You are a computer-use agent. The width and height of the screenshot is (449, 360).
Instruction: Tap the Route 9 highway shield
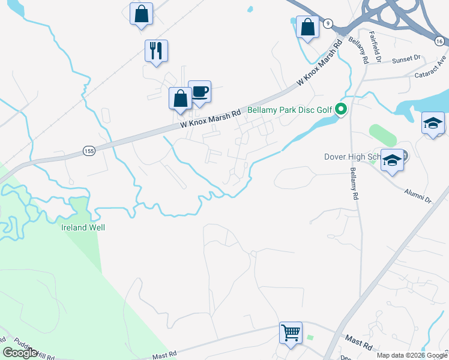[x=327, y=23]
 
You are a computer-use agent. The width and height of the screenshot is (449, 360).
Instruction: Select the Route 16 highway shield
[x=440, y=40]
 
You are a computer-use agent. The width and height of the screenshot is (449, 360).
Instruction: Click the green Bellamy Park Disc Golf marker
[x=341, y=109]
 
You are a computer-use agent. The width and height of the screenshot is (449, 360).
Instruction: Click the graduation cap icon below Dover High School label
[x=392, y=161]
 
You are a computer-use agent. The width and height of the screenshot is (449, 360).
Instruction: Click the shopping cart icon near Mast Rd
[x=291, y=332]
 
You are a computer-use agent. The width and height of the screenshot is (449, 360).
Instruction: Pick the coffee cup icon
[x=200, y=91]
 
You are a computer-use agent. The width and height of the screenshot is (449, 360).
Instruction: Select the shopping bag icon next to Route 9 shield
[x=307, y=27]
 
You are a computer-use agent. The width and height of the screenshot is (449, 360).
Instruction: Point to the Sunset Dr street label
[x=406, y=59]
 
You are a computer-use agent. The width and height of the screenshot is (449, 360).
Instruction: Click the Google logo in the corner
[x=20, y=353]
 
